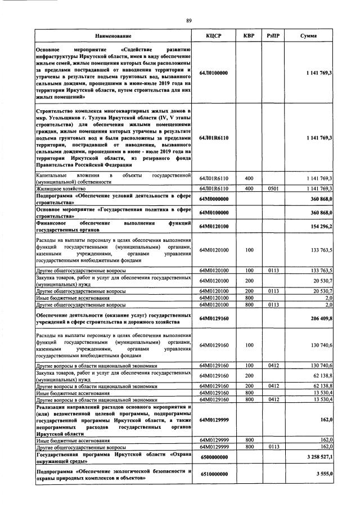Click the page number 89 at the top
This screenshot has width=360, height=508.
tap(189, 21)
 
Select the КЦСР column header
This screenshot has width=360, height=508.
tap(214, 36)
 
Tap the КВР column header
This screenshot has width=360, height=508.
tap(249, 36)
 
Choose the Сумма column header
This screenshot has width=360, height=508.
tap(308, 36)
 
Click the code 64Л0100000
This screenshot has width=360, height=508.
tap(214, 73)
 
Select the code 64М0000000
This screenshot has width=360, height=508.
tap(214, 199)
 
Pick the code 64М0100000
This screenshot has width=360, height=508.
tap(214, 213)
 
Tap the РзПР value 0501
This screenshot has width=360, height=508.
tap(273, 188)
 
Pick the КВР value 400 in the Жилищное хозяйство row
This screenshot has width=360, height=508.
tap(249, 188)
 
